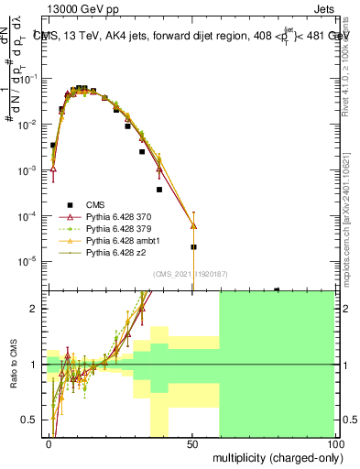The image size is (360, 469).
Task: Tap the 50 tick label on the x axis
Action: pos(192,442)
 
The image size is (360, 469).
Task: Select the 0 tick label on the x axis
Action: pos(49,442)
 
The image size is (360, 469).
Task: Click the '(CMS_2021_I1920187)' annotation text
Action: pos(191,273)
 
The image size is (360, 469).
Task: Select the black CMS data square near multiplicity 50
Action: pos(193,247)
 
